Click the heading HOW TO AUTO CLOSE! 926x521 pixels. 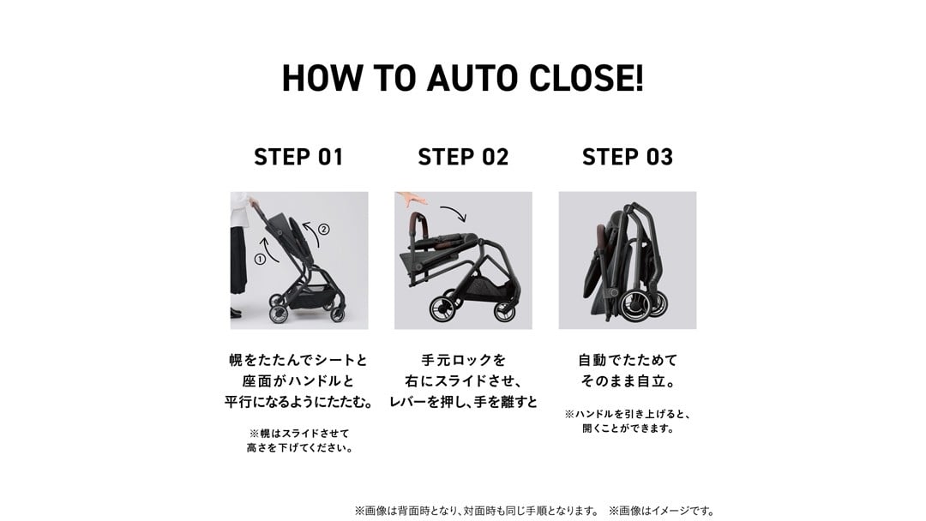[x=462, y=78]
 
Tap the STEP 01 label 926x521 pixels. [x=298, y=157]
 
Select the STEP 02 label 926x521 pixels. [x=463, y=157]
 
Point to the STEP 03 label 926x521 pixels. [x=627, y=157]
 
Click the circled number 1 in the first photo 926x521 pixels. [x=260, y=259]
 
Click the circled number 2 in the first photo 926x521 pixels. [x=323, y=229]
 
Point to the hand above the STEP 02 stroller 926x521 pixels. [x=411, y=198]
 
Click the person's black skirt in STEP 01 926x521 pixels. [x=238, y=260]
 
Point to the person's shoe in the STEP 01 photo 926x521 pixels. [x=236, y=313]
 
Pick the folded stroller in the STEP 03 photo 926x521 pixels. [x=626, y=262]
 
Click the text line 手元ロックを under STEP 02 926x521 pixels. [x=463, y=360]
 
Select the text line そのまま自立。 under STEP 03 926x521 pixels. [x=627, y=381]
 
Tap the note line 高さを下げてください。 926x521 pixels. [x=300, y=448]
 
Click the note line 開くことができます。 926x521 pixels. [x=628, y=428]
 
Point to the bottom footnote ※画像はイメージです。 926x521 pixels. [x=663, y=511]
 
